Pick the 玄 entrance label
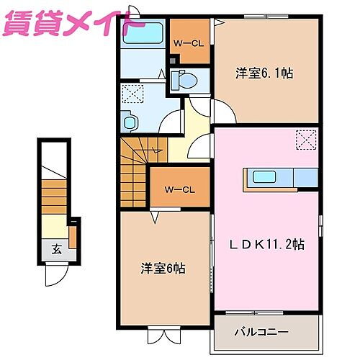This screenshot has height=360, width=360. click(55, 250)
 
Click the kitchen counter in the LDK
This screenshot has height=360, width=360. click(281, 178)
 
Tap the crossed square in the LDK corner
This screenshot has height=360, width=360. click(307, 140)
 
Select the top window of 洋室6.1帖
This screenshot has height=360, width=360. click(259, 16)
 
